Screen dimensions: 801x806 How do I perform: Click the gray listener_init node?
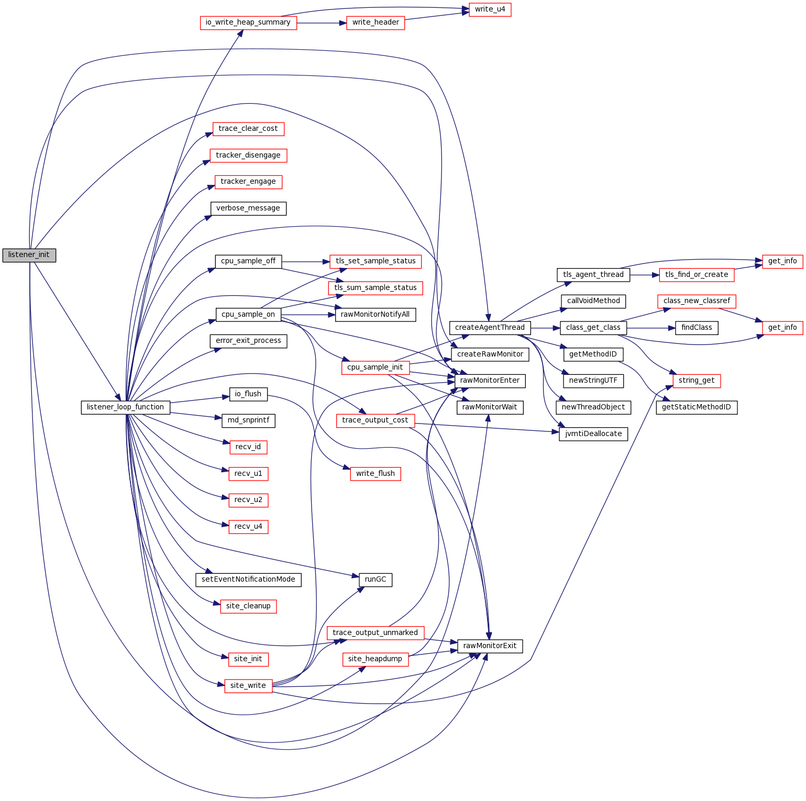[x=29, y=255]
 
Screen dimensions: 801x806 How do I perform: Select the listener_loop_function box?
[x=125, y=407]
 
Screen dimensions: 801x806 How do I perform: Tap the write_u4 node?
[x=490, y=9]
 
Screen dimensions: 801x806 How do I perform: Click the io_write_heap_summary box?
[x=248, y=23]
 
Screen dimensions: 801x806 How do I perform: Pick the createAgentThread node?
[x=490, y=328]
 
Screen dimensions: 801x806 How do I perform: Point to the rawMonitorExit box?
[x=490, y=646]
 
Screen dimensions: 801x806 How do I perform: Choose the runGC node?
[x=376, y=580]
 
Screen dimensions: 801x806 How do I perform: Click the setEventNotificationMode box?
[x=248, y=580]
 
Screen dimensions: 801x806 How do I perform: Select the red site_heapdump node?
[x=375, y=659]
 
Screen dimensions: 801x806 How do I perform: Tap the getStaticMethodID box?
[x=697, y=407]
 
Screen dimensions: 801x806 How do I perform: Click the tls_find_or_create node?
[x=697, y=274]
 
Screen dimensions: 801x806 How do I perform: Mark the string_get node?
[x=697, y=381]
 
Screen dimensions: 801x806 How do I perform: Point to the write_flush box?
[x=376, y=474]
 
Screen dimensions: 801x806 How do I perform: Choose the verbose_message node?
[x=248, y=208]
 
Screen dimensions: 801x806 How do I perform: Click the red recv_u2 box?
[x=248, y=500]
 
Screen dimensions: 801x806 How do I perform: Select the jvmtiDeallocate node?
[x=593, y=434]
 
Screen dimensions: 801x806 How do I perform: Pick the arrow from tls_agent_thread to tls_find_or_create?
[x=645, y=274]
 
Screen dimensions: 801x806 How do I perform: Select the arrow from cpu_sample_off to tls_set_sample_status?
[x=306, y=261]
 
